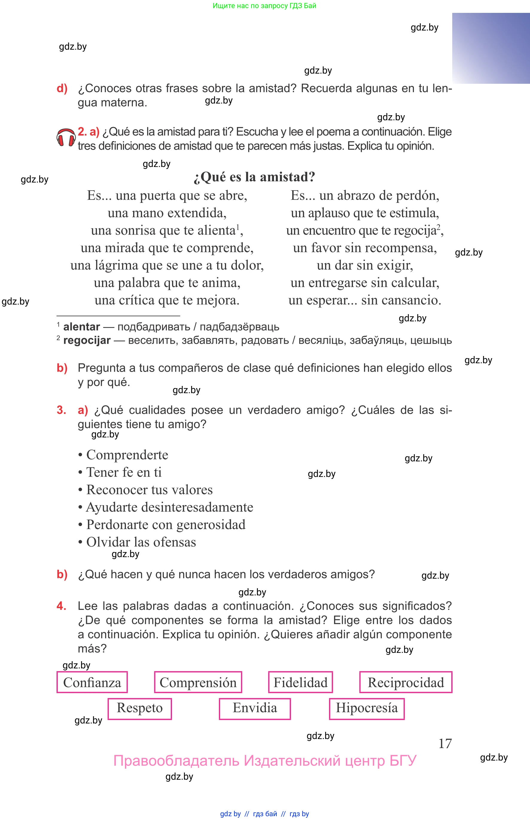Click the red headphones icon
pyautogui.click(x=66, y=137)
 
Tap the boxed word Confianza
pyautogui.click(x=92, y=682)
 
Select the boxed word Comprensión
pyautogui.click(x=198, y=682)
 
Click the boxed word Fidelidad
pyautogui.click(x=301, y=682)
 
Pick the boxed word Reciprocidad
pyautogui.click(x=406, y=682)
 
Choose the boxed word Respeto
pyautogui.click(x=140, y=707)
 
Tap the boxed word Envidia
pyautogui.click(x=255, y=707)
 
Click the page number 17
pyautogui.click(x=445, y=743)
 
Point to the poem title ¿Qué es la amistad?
pyautogui.click(x=254, y=177)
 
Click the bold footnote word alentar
pyautogui.click(x=82, y=326)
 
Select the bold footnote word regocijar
pyautogui.click(x=87, y=340)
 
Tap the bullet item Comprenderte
pyautogui.click(x=127, y=455)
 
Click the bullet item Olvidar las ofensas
pyautogui.click(x=141, y=542)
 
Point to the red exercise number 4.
pyautogui.click(x=61, y=606)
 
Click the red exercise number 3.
pyautogui.click(x=61, y=410)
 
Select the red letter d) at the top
pyautogui.click(x=62, y=89)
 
